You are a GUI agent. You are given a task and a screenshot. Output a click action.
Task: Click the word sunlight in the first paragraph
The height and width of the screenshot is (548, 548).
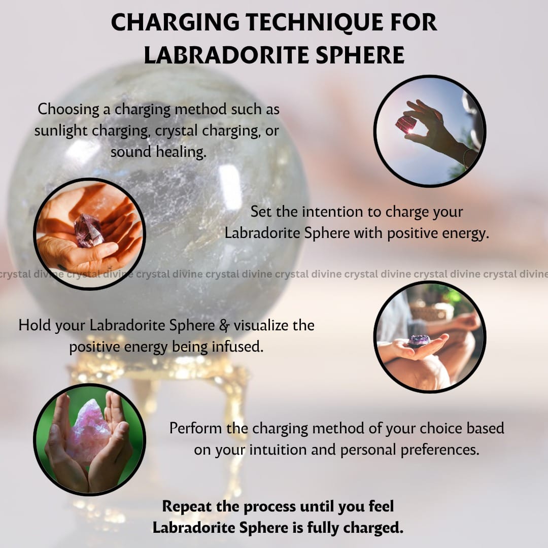click(61, 131)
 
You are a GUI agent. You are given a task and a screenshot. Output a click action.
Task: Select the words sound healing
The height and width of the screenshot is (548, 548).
click(158, 152)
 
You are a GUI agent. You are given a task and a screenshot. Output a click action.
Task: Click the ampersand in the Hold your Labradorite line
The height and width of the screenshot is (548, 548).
click(224, 326)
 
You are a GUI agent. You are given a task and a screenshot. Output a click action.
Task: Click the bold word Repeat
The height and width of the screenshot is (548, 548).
click(187, 507)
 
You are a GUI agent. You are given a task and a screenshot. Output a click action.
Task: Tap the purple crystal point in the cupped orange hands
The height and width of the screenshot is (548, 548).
click(89, 231)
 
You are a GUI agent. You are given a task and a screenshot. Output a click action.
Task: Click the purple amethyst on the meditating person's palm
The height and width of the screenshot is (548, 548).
click(419, 340)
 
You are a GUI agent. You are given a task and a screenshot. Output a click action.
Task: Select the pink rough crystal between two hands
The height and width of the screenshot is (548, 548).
click(89, 432)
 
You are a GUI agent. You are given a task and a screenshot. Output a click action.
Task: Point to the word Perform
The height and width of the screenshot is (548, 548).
click(195, 428)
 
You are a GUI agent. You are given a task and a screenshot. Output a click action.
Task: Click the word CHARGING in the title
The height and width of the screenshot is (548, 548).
click(175, 23)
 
